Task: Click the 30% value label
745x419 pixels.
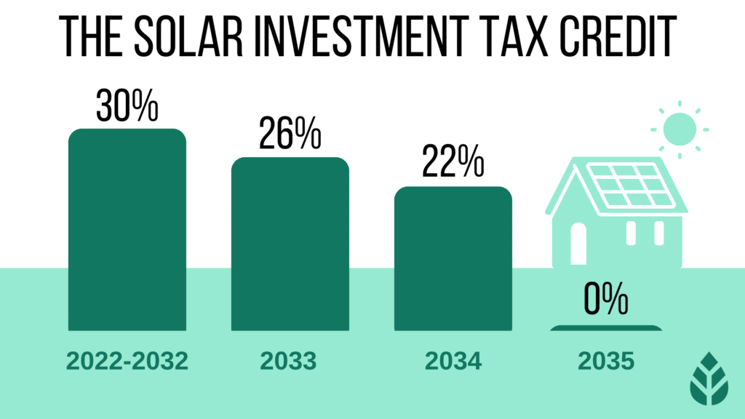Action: [x=127, y=107]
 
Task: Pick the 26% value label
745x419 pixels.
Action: [x=290, y=135]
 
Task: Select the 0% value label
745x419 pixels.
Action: [x=606, y=302]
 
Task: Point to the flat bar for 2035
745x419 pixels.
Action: [x=606, y=327]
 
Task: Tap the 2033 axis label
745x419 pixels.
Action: [x=290, y=362]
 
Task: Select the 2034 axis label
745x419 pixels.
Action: [x=453, y=362]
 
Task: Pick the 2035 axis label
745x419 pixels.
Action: [x=606, y=362]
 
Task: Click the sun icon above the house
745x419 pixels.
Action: [x=680, y=128]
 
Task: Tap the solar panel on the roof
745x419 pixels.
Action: [x=629, y=187]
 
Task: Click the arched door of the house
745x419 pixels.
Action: [x=578, y=244]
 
